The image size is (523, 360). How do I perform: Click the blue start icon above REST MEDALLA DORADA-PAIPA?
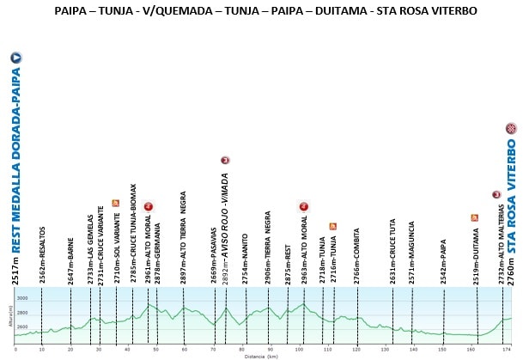tap(15, 58)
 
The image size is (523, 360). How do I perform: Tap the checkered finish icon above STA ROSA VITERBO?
tap(511, 129)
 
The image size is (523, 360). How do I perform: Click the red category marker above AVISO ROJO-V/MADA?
tap(225, 160)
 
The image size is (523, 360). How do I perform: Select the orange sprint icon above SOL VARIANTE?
tap(115, 203)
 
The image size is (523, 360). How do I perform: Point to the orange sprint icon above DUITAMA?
tap(474, 217)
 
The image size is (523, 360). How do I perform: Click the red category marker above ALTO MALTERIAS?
tap(496, 195)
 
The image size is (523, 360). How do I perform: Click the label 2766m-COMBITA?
tap(357, 255)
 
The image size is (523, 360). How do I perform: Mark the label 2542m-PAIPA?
tap(444, 261)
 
